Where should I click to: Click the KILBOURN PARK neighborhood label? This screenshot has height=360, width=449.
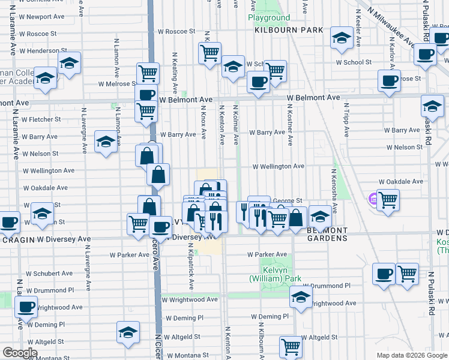288,30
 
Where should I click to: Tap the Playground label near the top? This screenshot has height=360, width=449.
269,18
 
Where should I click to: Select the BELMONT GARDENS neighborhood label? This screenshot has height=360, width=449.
327,234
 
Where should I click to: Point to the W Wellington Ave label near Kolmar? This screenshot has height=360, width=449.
278,166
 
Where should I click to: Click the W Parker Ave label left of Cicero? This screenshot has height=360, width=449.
129,254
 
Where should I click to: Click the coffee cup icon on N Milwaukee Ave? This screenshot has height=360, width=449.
426,53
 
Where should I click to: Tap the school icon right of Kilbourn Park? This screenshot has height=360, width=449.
341,38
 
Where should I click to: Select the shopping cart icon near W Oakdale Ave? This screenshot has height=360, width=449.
388,199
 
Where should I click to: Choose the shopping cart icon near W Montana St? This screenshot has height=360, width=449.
291,346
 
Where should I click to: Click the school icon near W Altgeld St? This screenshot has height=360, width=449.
128,331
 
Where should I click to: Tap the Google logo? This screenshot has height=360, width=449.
20,353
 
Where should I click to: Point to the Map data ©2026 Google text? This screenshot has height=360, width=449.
411,355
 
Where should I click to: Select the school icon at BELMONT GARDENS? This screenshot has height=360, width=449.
320,215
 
